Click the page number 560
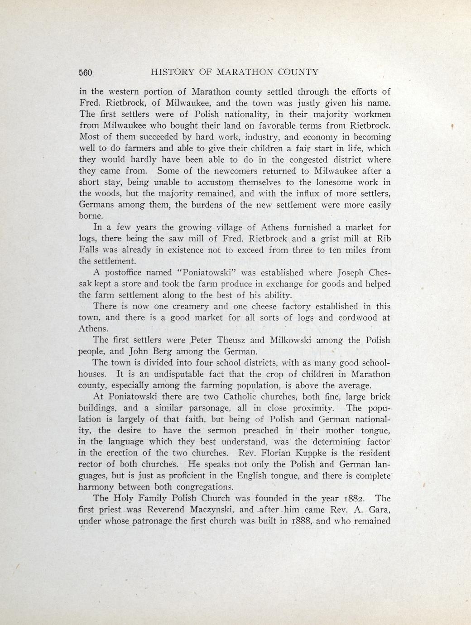[86, 72]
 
